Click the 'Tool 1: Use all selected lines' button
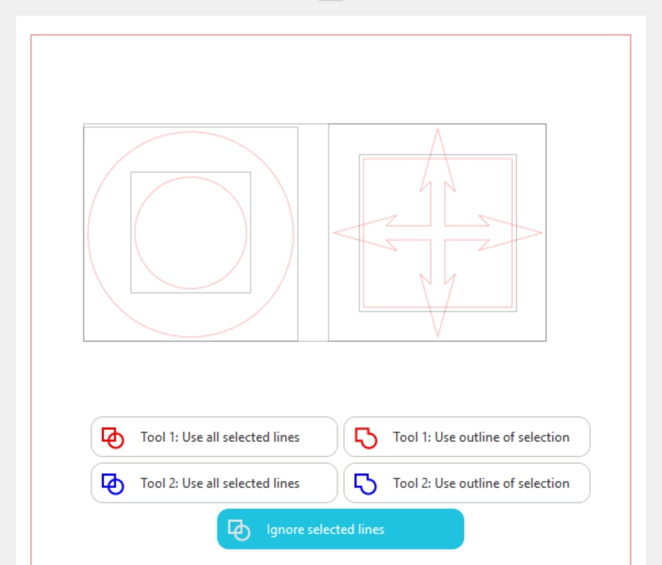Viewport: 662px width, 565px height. tap(214, 437)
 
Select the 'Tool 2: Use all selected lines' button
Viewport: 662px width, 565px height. tap(214, 483)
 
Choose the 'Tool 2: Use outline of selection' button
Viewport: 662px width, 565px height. tap(467, 483)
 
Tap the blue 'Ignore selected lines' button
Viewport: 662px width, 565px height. tap(341, 529)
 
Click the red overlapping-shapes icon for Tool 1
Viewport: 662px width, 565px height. tap(113, 438)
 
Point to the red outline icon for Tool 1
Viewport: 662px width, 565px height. tap(365, 438)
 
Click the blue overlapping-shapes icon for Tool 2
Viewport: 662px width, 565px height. tap(113, 484)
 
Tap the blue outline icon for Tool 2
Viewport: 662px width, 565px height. tap(365, 484)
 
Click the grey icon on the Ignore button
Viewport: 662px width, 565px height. tap(239, 530)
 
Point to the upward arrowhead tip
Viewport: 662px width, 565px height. tap(438, 129)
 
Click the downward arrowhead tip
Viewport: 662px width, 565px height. tap(438, 337)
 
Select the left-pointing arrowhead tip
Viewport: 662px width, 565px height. tap(334, 233)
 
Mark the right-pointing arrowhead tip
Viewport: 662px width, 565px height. tap(542, 233)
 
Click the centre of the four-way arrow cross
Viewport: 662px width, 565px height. tap(438, 233)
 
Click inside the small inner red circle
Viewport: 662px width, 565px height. tap(191, 233)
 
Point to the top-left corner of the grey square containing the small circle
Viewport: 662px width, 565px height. tap(131, 172)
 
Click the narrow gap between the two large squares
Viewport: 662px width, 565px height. tap(313, 233)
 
